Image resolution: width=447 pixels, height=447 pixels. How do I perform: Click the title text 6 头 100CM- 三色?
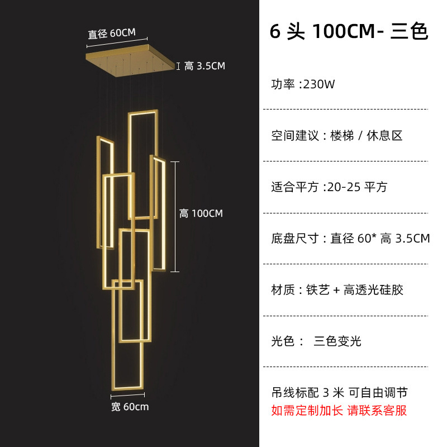[349, 31]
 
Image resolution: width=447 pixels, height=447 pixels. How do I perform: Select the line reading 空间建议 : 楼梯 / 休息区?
[337, 135]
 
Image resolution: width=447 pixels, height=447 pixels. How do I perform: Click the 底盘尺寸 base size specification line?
[350, 239]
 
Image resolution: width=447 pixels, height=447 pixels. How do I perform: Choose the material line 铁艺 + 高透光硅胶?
[337, 289]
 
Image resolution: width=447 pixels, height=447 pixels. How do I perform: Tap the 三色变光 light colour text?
[337, 341]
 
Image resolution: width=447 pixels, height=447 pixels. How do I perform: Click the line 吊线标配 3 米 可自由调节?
[343, 392]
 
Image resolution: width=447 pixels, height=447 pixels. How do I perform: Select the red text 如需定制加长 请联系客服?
[339, 411]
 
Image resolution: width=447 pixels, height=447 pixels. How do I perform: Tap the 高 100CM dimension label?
[201, 213]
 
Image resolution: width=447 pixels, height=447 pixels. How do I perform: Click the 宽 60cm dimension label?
[130, 406]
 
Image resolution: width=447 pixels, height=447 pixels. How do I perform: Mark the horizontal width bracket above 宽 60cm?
[130, 395]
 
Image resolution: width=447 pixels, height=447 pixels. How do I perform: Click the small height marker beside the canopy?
[178, 66]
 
